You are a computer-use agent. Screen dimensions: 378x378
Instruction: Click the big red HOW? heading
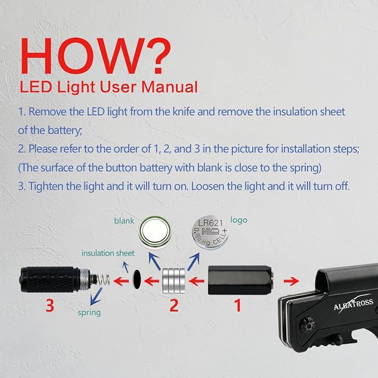(96, 56)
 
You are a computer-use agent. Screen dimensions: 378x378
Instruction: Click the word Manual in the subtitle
(169, 87)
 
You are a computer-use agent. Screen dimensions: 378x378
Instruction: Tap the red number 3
(50, 306)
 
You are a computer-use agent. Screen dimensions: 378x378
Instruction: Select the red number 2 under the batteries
(174, 306)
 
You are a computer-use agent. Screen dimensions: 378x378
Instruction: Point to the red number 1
(238, 306)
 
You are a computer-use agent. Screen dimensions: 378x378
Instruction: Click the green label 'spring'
(89, 313)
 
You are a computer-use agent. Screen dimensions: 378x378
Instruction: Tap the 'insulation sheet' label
(108, 253)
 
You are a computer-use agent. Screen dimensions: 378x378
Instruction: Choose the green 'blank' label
(124, 220)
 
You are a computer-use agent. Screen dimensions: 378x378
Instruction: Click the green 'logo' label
(239, 220)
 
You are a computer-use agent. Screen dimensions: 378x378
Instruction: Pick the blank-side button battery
(155, 232)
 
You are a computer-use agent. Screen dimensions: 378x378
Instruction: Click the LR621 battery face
(210, 233)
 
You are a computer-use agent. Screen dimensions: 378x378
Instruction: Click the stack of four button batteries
(174, 281)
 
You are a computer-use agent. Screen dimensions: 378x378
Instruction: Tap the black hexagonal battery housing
(240, 280)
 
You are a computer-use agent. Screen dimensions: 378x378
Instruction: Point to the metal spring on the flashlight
(104, 280)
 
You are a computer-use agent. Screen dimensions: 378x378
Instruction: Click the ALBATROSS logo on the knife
(354, 305)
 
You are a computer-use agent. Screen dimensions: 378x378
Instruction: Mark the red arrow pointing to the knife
(291, 281)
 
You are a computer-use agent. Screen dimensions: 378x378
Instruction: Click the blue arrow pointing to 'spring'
(96, 296)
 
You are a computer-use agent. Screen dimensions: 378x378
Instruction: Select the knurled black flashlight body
(50, 279)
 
